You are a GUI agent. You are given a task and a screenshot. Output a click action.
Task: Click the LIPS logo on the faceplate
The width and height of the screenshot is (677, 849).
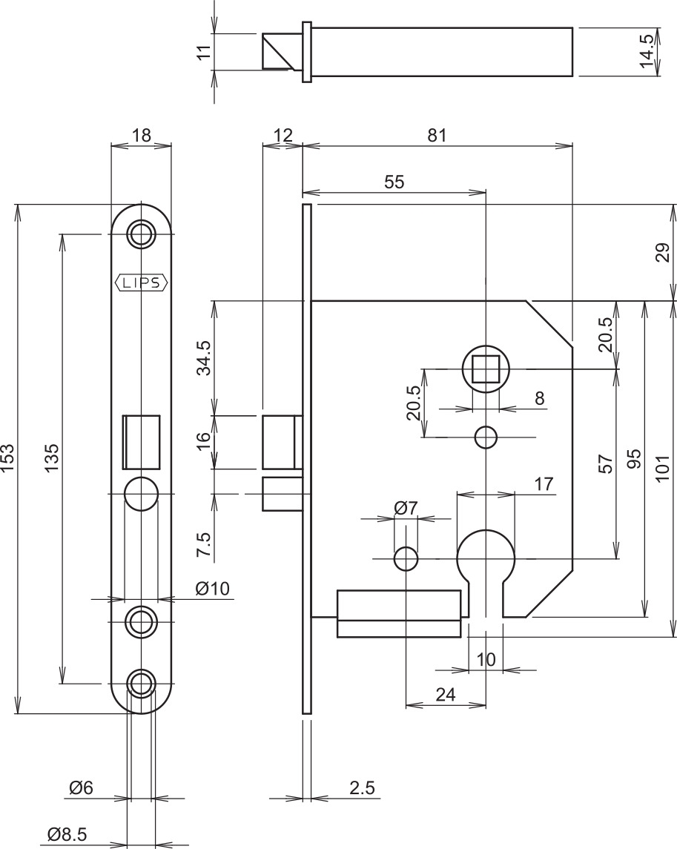click(142, 283)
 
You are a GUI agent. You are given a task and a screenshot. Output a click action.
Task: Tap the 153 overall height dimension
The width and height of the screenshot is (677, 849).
click(7, 458)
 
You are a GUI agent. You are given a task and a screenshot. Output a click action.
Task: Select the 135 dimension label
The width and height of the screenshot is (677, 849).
click(51, 458)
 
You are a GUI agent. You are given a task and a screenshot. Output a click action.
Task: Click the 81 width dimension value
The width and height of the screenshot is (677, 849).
click(437, 135)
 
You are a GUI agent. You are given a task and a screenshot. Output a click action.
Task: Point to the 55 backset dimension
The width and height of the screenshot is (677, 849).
click(394, 182)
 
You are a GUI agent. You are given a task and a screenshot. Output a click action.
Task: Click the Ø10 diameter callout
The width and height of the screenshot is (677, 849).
click(212, 588)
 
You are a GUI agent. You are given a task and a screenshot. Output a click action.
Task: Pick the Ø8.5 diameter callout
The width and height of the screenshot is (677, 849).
click(67, 834)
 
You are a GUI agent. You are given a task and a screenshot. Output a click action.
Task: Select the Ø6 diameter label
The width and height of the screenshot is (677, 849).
click(82, 787)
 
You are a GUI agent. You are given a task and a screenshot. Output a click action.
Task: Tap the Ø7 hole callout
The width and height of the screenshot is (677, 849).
click(406, 508)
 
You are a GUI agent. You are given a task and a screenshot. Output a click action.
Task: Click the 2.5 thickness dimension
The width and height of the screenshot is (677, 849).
click(362, 787)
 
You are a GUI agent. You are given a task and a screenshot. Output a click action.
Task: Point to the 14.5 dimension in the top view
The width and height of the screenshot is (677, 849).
click(647, 52)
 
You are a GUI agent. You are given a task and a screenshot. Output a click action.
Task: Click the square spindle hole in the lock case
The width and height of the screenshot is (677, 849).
click(486, 369)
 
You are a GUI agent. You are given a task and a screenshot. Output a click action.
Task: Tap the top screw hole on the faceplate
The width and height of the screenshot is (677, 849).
click(142, 234)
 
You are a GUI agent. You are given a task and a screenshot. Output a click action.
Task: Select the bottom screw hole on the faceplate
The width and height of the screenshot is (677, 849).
click(142, 684)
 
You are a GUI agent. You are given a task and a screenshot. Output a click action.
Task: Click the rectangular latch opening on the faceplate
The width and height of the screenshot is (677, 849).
click(142, 442)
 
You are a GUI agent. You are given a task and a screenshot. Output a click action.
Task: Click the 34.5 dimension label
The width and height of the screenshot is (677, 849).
click(204, 357)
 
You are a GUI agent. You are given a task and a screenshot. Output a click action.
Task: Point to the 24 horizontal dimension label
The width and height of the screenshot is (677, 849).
click(445, 694)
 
